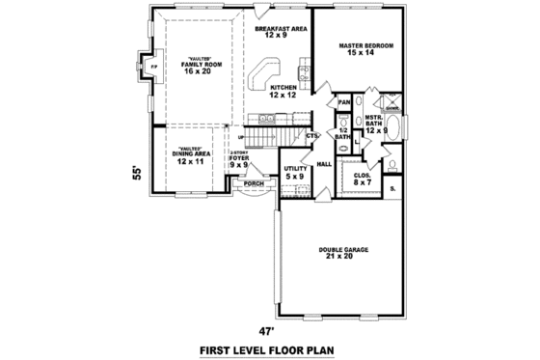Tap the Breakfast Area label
tap(282, 33)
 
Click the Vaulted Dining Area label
tap(189, 157)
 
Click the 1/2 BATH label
tap(342, 134)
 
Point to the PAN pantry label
tap(343, 102)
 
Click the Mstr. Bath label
tap(374, 124)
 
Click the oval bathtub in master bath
tap(400, 127)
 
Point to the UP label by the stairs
tap(240, 137)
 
